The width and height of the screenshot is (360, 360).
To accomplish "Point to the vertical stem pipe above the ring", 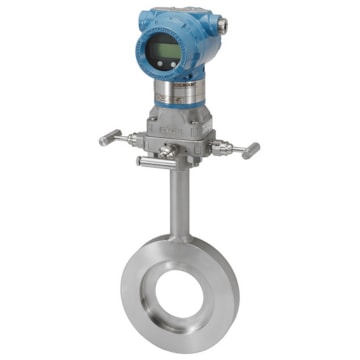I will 178,200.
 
